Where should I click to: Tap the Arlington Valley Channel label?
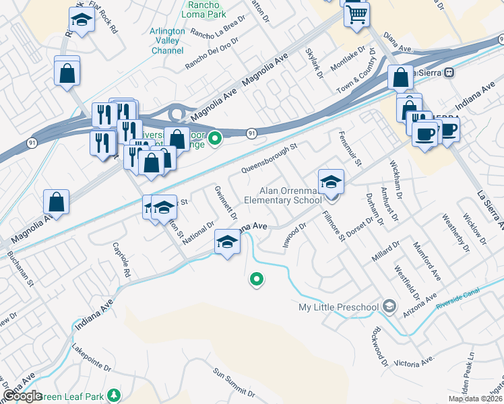click(167, 41)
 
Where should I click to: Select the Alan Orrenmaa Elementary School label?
click(282, 195)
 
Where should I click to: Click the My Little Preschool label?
click(339, 308)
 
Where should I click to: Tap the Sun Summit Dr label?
click(237, 380)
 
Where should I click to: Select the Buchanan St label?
click(20, 269)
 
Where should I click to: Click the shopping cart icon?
click(356, 13)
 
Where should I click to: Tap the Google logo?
click(22, 396)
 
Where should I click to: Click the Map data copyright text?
click(476, 399)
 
